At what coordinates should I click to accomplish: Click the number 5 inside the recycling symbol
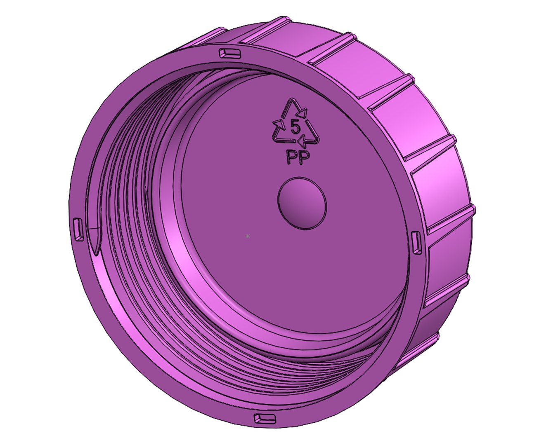click(295, 125)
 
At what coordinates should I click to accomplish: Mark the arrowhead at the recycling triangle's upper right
click(303, 111)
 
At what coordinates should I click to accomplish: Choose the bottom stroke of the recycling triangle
click(289, 141)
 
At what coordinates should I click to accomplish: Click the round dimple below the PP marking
click(302, 203)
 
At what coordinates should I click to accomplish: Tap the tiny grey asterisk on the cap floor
click(247, 236)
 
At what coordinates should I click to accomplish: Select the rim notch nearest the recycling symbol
click(229, 52)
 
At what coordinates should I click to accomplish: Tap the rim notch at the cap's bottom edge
click(264, 419)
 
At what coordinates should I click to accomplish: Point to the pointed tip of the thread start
click(95, 251)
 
